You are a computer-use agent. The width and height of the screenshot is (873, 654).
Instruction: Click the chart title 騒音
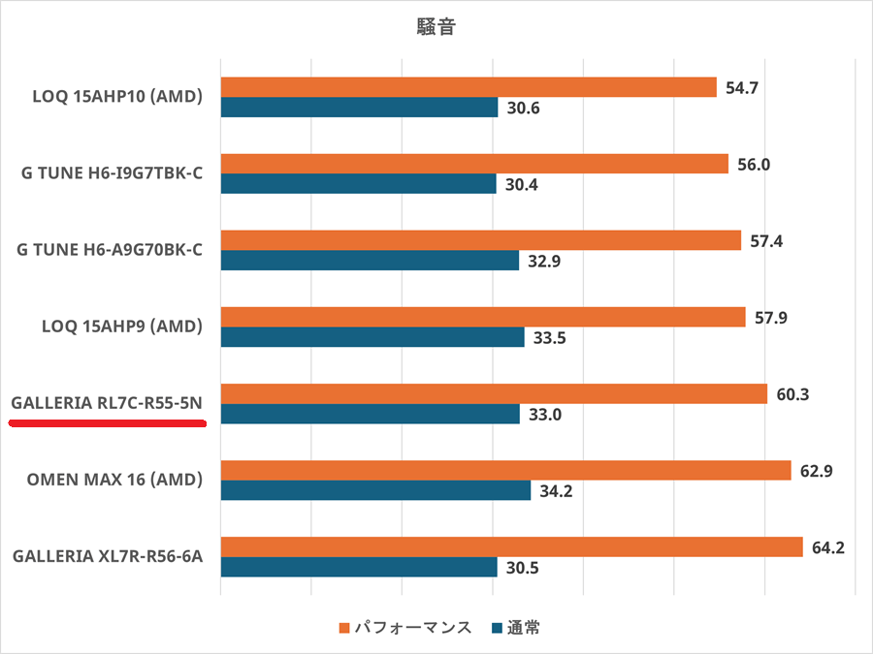(x=436, y=27)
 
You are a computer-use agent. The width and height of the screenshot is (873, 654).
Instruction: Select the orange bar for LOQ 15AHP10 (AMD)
(x=469, y=87)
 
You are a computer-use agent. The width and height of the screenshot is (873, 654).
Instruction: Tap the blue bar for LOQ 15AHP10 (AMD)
(x=359, y=108)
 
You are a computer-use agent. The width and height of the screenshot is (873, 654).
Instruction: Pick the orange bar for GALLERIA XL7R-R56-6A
(x=511, y=547)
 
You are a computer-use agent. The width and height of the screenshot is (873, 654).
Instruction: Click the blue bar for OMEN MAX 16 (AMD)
(x=375, y=491)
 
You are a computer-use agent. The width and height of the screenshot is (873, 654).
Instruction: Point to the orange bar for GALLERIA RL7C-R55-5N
(x=494, y=394)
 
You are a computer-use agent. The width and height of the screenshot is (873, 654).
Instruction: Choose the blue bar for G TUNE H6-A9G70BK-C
(x=370, y=261)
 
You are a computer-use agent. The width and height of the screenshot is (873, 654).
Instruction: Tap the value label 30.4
(x=523, y=184)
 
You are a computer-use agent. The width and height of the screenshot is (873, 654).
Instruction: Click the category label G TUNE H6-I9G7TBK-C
(x=112, y=174)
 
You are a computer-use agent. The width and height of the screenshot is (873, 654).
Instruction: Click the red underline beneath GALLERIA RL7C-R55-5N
(x=107, y=424)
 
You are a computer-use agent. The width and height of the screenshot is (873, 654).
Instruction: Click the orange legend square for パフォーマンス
(x=343, y=628)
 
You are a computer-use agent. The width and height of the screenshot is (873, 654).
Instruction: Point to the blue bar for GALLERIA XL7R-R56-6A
(x=359, y=568)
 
